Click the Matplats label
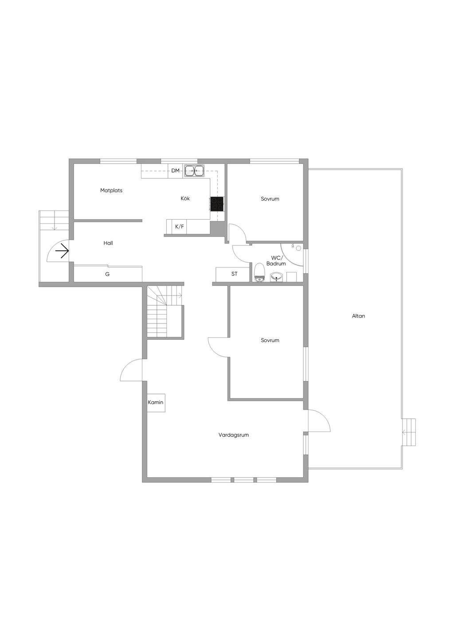click(x=111, y=191)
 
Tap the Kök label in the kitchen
click(x=185, y=198)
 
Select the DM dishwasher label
click(x=175, y=171)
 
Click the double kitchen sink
click(x=194, y=171)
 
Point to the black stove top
click(x=217, y=204)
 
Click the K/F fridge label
click(x=180, y=227)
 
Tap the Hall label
click(x=108, y=243)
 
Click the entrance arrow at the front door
click(x=62, y=251)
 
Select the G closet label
click(x=107, y=274)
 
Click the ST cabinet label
click(x=234, y=274)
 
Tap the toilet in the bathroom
click(x=259, y=272)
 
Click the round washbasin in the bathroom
click(x=276, y=277)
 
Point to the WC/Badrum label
click(x=276, y=261)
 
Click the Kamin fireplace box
click(x=156, y=403)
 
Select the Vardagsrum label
click(x=234, y=435)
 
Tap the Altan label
click(x=359, y=316)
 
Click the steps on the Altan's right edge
click(x=409, y=432)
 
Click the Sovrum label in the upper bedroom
click(x=270, y=198)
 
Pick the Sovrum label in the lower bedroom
click(x=270, y=340)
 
